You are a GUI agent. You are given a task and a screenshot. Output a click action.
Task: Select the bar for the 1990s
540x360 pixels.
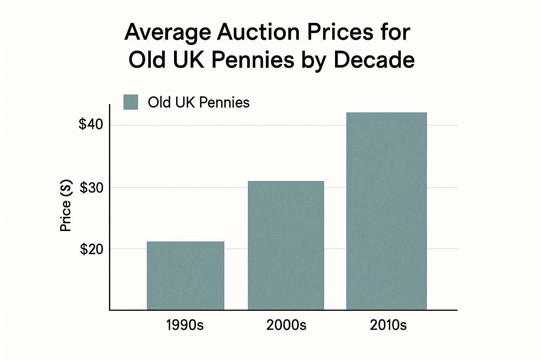[185, 276]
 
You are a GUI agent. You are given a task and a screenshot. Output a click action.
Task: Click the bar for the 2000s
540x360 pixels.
[286, 245]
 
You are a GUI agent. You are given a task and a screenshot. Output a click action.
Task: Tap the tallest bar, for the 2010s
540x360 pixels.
[386, 211]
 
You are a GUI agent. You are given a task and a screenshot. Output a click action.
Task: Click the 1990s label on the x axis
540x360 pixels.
[185, 325]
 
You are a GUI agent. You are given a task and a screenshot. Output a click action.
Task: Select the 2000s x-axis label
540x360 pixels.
[286, 325]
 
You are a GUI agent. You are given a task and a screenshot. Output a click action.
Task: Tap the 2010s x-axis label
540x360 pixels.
[388, 325]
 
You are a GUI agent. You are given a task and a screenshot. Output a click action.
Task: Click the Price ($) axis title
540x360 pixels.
[66, 206]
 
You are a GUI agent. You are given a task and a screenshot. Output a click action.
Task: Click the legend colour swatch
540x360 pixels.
[131, 102]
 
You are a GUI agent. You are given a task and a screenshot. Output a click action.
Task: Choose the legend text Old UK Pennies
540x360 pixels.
[199, 103]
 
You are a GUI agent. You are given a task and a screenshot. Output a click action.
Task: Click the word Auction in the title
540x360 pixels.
[258, 33]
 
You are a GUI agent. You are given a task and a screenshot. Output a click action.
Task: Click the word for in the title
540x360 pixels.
[395, 33]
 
